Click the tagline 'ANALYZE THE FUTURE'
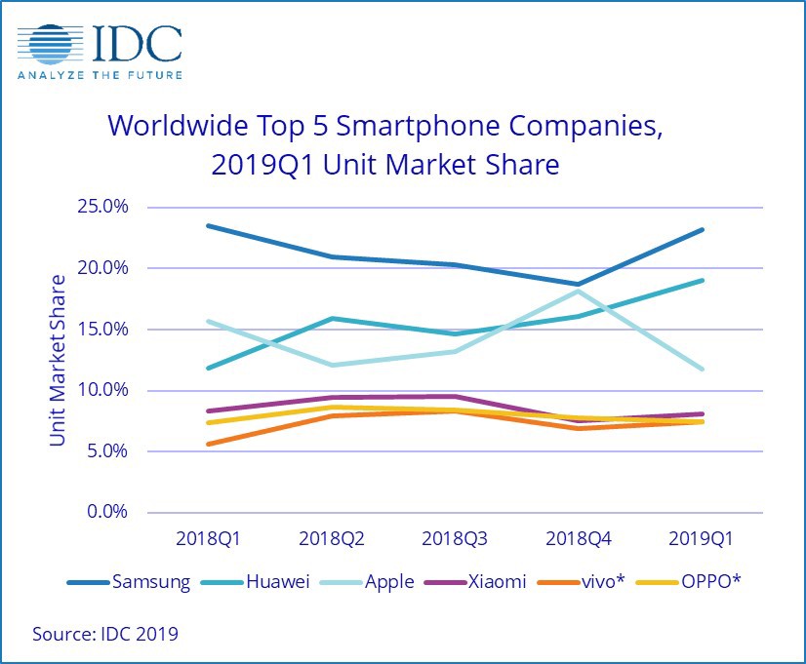click(x=100, y=74)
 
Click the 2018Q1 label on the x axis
click(x=208, y=538)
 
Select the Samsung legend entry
click(x=129, y=582)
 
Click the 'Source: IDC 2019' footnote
click(x=105, y=634)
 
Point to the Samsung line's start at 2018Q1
click(x=208, y=226)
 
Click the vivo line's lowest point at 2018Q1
click(x=208, y=444)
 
